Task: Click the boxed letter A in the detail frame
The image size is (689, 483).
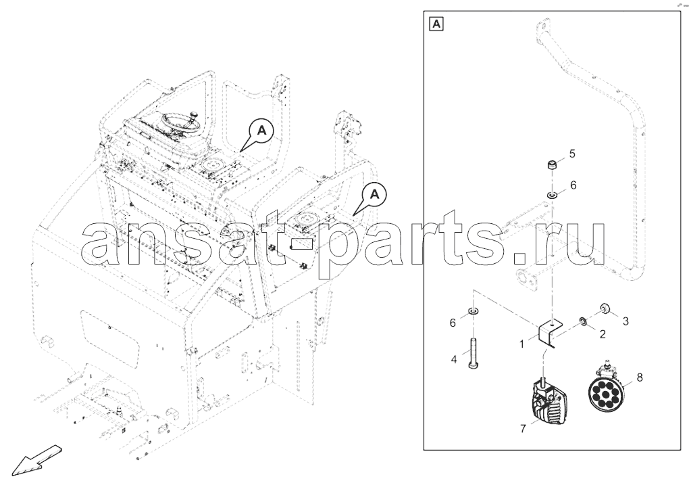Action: [436, 24]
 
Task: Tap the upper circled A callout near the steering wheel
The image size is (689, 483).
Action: [261, 130]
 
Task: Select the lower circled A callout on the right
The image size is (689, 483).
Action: [374, 193]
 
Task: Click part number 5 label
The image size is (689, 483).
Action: [571, 154]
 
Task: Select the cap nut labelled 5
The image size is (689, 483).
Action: [552, 166]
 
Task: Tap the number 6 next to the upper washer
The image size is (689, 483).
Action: [573, 185]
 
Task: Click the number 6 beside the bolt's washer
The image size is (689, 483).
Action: [453, 323]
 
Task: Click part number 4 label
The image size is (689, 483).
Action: [454, 359]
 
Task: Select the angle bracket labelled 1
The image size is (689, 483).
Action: [550, 333]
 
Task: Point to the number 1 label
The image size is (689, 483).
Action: [521, 344]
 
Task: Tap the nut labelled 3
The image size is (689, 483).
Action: [605, 308]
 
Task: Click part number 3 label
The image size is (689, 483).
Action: [626, 321]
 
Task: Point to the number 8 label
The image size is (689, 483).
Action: [639, 377]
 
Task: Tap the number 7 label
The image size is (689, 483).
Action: [523, 428]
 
